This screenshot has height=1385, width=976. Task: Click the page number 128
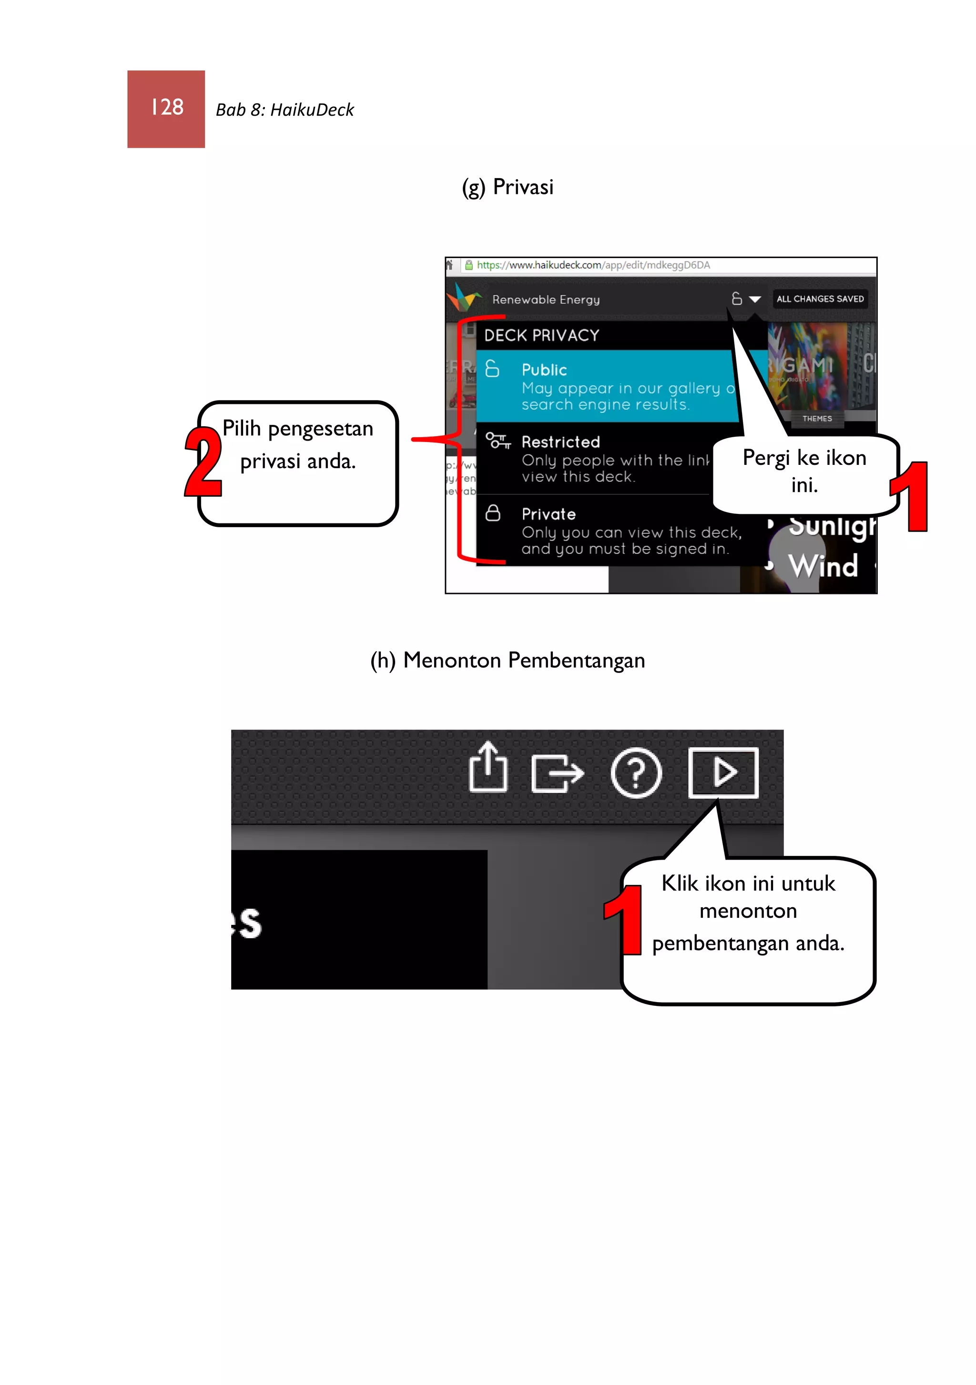[x=167, y=107]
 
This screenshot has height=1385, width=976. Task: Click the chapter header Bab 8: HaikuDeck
[x=285, y=110]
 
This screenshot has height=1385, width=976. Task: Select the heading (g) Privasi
[x=507, y=187]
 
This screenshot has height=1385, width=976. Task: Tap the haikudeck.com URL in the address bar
[x=593, y=265]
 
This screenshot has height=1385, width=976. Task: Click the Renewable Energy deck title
[x=546, y=300]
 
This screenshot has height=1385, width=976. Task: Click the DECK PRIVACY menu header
[x=541, y=335]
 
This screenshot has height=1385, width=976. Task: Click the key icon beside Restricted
[x=498, y=441]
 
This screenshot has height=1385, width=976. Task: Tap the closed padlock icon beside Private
[x=493, y=513]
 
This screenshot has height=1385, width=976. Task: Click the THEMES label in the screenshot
[x=817, y=419]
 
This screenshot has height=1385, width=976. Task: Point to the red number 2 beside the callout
[x=203, y=462]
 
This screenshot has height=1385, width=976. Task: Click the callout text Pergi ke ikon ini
[x=804, y=471]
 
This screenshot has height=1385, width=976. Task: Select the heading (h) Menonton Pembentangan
[x=507, y=661]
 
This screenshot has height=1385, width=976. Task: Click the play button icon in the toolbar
[x=723, y=773]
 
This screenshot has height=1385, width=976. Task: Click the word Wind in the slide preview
[x=823, y=566]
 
